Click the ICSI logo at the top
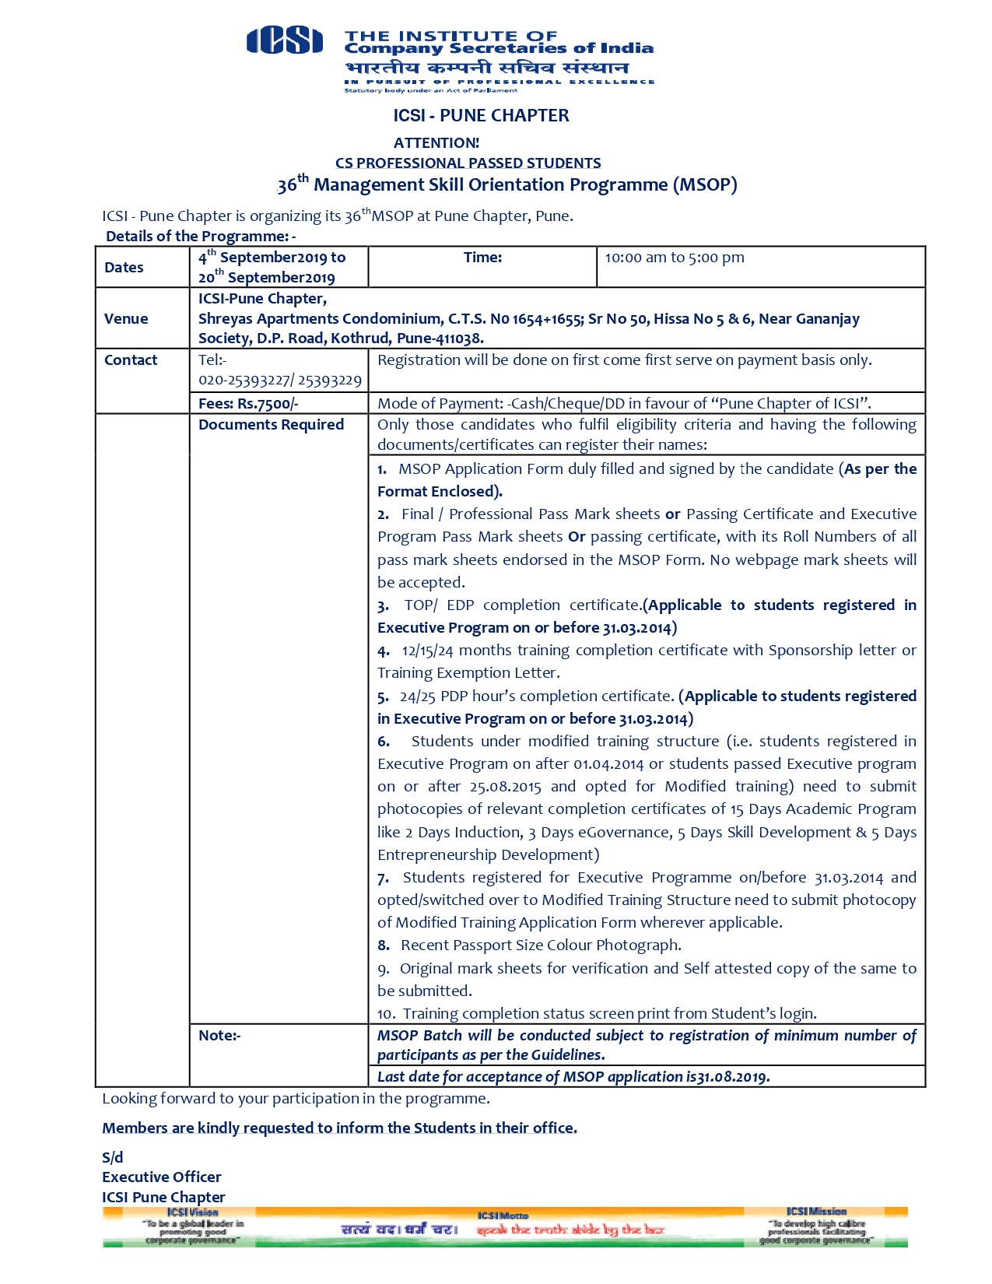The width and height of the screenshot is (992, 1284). pos(284,40)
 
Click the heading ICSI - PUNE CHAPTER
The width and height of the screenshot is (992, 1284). pos(481,116)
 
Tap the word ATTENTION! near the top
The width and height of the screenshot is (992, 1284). pos(436,143)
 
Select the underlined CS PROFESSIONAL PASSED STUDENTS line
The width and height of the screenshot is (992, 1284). pos(468,163)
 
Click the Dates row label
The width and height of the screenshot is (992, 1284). pos(124,268)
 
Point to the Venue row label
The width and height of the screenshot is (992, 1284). pos(125,318)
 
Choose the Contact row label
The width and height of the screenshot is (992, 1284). pos(130,360)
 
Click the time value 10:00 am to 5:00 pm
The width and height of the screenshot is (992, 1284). pos(674,258)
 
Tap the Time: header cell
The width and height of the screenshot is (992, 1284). pos(482,258)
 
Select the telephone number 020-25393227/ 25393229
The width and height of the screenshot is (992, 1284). pos(279,381)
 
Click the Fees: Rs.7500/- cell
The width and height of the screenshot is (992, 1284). pos(248,404)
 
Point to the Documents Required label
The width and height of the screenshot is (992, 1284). pos(271,425)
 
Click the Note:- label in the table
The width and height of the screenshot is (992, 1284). pos(219,1036)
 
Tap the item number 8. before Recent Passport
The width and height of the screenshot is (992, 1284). pos(384,945)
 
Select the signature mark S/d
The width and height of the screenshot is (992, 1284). pos(112,1158)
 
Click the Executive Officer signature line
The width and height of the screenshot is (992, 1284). pos(161,1177)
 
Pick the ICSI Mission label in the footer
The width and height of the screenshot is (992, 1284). pos(815,1212)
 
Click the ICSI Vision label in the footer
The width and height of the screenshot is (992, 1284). pos(192,1212)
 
